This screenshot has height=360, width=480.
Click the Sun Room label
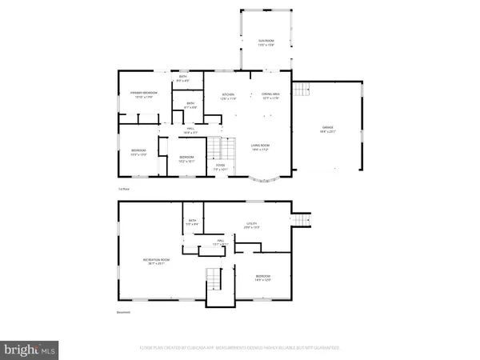(x=266, y=42)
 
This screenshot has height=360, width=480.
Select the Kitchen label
(x=229, y=96)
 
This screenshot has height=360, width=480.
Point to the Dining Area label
(x=270, y=96)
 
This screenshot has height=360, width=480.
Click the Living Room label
(x=260, y=146)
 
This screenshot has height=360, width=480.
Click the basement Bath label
(x=192, y=222)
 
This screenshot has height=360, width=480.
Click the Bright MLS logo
(x=30, y=349)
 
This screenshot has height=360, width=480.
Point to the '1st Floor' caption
(x=124, y=189)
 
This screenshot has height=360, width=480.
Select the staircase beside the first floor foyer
(x=222, y=149)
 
